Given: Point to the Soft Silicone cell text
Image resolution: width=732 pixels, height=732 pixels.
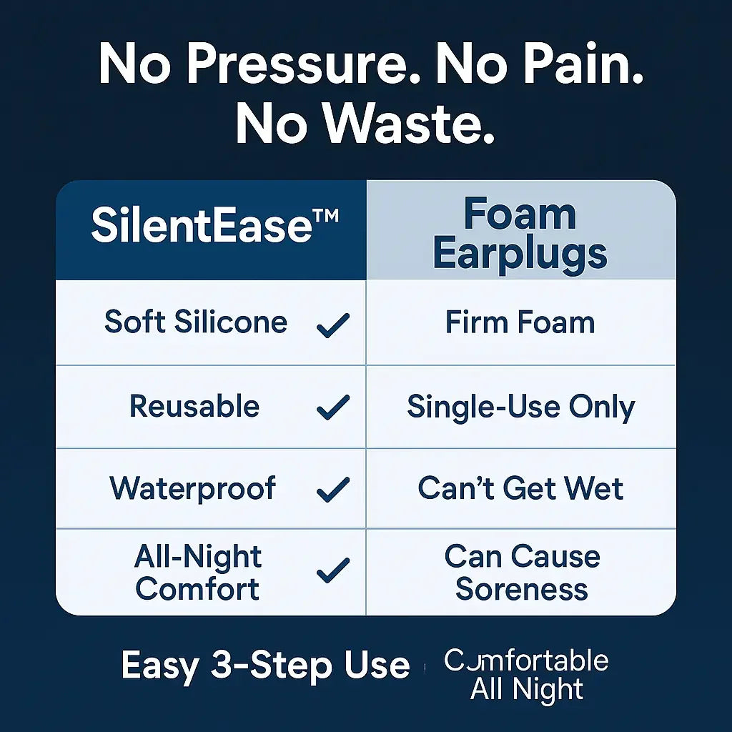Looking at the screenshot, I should point(196,322).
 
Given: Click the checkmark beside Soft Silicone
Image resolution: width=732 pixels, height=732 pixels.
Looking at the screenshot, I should point(332,325).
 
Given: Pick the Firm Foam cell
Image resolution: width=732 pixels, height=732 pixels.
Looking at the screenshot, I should point(520,322).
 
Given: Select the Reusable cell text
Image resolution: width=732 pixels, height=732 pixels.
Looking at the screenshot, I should point(194,407).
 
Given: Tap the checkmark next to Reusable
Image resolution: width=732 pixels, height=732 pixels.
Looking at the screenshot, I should point(332,408).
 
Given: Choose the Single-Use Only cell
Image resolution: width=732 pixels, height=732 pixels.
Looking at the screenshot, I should point(520,407).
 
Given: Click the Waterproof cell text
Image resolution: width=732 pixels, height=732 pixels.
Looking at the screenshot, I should point(193,489).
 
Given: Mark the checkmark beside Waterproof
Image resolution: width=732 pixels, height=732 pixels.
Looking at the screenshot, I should point(332,490).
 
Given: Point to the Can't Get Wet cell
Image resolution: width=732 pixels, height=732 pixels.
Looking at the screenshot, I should point(520,489).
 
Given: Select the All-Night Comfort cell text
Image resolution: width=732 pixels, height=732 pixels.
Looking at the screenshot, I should point(197,573).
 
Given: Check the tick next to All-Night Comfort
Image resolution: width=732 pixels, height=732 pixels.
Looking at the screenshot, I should point(332,570).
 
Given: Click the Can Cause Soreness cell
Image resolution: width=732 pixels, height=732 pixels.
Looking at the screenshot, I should point(522,573).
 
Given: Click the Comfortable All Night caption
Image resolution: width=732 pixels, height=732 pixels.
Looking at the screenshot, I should point(526,675).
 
